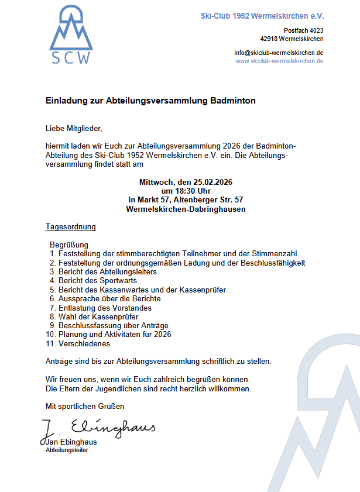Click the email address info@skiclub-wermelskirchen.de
(x=279, y=53)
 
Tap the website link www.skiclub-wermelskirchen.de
(x=280, y=61)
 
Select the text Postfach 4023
(x=303, y=30)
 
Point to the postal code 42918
(x=270, y=39)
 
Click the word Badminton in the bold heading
(x=232, y=101)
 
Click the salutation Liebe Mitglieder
(x=74, y=128)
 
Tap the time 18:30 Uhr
(x=186, y=191)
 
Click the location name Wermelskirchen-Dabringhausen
(x=186, y=209)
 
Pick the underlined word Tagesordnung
(x=71, y=226)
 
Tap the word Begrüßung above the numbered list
(x=69, y=245)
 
